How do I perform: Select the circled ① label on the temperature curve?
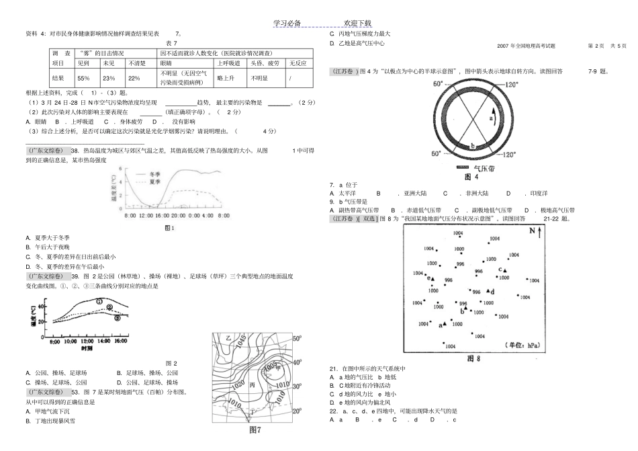(x=99, y=302)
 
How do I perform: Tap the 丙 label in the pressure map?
(x=253, y=386)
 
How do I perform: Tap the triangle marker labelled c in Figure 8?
(x=504, y=270)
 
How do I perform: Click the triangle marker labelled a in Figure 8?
(x=445, y=324)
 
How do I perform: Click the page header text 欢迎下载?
(x=361, y=23)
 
